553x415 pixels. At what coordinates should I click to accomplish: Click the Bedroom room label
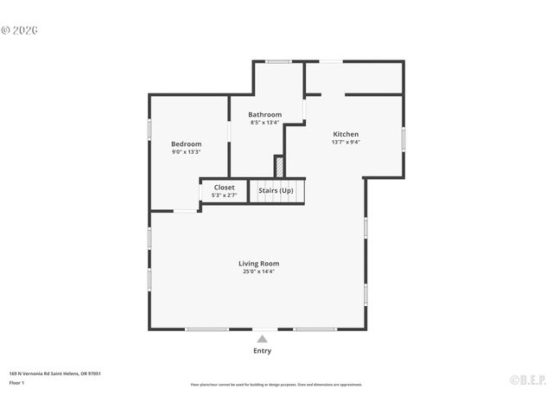click(186, 144)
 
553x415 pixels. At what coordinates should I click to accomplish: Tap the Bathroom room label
click(264, 115)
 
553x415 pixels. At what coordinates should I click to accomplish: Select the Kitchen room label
click(346, 134)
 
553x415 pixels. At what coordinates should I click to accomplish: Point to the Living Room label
click(258, 264)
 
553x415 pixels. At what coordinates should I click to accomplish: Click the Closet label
click(224, 188)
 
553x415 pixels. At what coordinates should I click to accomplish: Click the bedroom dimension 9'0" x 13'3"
click(186, 152)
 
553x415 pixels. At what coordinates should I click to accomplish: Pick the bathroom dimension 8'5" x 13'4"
click(264, 123)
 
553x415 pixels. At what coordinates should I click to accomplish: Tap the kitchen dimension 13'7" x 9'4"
click(346, 143)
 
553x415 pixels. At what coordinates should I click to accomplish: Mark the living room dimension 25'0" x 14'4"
click(258, 271)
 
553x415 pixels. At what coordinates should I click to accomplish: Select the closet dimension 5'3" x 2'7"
click(224, 195)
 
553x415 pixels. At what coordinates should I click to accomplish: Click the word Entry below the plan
click(262, 351)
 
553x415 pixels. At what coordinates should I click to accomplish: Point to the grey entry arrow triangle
click(262, 339)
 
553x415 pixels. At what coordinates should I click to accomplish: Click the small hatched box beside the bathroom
click(279, 166)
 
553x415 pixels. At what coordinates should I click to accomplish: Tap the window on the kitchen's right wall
click(403, 139)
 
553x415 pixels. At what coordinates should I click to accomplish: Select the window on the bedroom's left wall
click(149, 129)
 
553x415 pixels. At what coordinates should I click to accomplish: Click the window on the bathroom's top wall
click(278, 61)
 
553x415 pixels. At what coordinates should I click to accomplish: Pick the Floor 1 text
click(16, 382)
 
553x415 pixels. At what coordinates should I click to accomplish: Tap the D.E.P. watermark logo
click(526, 379)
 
